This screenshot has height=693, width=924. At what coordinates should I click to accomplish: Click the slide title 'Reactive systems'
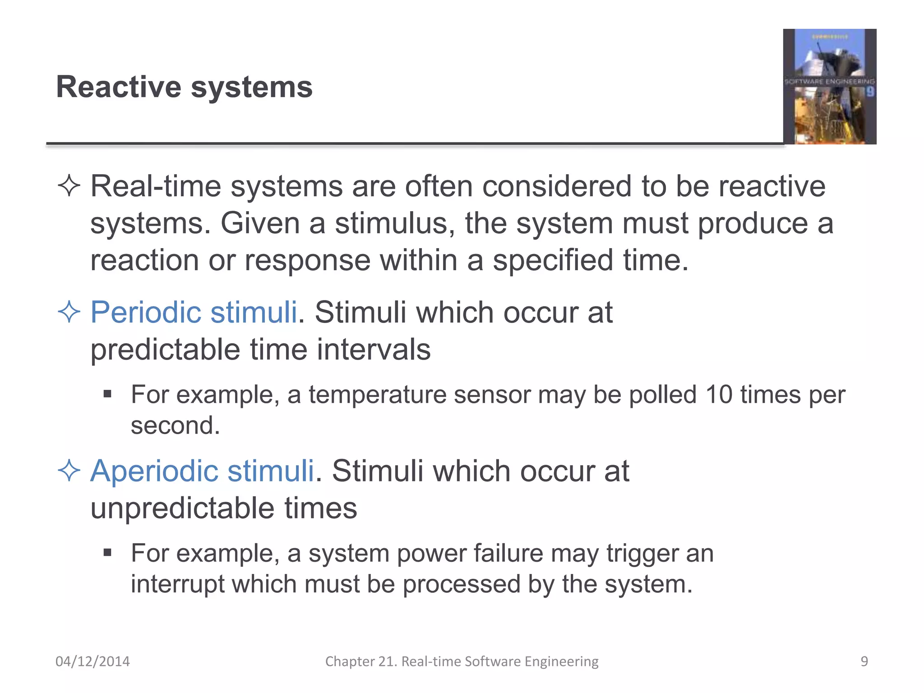[x=184, y=87]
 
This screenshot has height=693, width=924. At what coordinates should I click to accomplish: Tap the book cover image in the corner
[x=829, y=87]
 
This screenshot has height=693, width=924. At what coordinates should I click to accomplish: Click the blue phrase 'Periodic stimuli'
[x=194, y=312]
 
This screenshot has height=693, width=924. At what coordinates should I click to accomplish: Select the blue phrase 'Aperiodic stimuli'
[x=202, y=471]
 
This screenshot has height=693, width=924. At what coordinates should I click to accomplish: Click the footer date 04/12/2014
[x=92, y=661]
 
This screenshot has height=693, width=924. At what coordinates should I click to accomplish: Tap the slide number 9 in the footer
[x=864, y=661]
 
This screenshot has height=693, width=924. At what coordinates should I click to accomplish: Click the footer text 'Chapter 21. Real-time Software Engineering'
[x=462, y=661]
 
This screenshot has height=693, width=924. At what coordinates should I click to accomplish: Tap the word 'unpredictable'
[x=183, y=508]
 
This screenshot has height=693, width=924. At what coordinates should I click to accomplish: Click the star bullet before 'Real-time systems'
[x=69, y=186]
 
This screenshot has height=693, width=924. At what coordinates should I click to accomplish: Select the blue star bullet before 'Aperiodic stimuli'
[x=69, y=471]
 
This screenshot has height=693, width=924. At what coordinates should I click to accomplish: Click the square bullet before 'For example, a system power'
[x=107, y=553]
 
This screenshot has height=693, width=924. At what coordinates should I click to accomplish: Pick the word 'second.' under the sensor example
[x=175, y=425]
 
